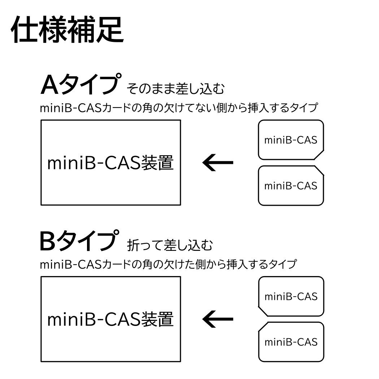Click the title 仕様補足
(67, 29)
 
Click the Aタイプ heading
(79, 84)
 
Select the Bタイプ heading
(79, 241)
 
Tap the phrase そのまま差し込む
(176, 88)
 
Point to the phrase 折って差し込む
(170, 245)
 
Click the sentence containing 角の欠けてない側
(179, 108)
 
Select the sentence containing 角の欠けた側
(168, 264)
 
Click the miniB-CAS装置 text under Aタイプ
(110, 163)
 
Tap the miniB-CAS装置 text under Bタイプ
(110, 319)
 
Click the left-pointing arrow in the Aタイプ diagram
(218, 163)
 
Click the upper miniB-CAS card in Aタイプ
(291, 140)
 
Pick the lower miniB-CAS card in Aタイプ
(291, 186)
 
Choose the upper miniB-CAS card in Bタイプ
(291, 296)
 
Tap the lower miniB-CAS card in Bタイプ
(291, 342)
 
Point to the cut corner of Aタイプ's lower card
(319, 171)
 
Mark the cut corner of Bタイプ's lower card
(263, 327)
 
